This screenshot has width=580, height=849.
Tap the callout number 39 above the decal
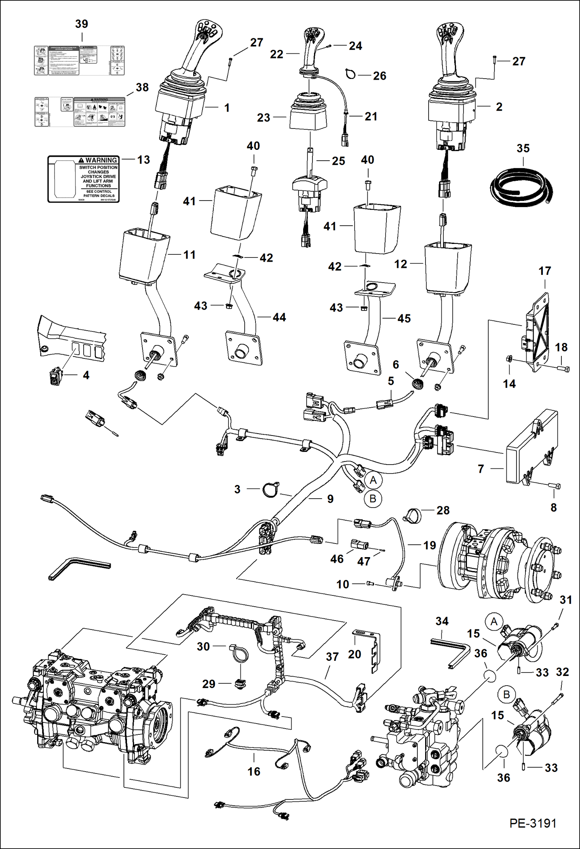[x=82, y=24]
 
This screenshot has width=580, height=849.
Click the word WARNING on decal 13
[x=101, y=160]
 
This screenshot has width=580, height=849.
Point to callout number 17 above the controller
[x=544, y=271]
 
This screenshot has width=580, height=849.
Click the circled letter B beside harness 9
[x=373, y=499]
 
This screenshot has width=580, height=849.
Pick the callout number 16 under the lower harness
[x=254, y=771]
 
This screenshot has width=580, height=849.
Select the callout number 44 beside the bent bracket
[x=279, y=317]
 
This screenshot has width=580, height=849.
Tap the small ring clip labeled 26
[x=350, y=74]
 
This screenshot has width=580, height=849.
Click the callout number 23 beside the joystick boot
[x=263, y=118]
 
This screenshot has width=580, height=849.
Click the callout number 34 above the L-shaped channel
[x=442, y=621]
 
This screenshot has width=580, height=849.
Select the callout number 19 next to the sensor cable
[x=429, y=545]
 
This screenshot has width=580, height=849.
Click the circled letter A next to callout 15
[x=494, y=622]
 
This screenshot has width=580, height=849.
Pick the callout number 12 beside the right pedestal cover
[x=401, y=264]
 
